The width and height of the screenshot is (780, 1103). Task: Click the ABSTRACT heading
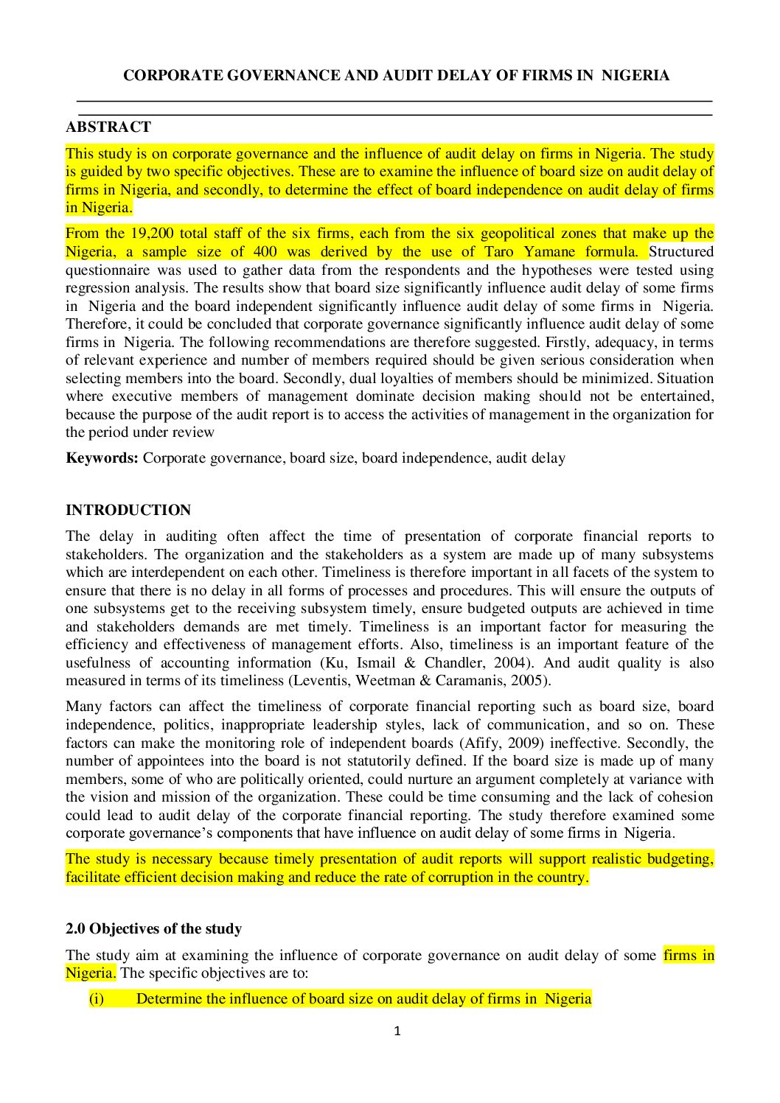tap(108, 127)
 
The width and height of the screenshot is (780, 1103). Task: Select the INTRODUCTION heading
tap(128, 510)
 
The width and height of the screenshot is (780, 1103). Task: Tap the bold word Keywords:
tap(102, 458)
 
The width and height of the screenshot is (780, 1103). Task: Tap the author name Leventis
tap(321, 681)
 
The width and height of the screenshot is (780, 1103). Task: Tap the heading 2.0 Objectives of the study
tap(153, 928)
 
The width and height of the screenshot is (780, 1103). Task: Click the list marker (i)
tap(97, 998)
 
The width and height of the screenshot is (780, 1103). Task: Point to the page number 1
tap(397, 1031)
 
